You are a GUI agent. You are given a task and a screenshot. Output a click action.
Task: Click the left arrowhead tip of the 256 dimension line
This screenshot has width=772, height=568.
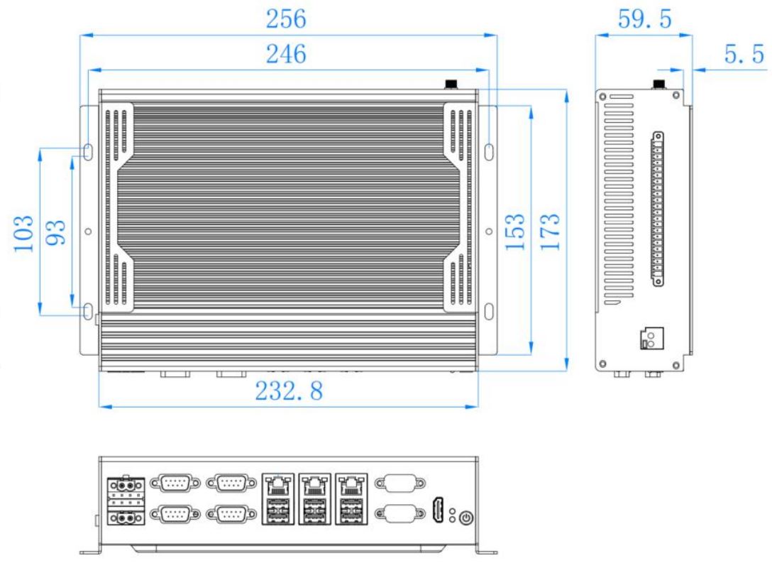pyautogui.click(x=80, y=35)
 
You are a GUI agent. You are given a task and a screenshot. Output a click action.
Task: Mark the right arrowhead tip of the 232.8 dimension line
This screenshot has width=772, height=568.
pyautogui.click(x=478, y=406)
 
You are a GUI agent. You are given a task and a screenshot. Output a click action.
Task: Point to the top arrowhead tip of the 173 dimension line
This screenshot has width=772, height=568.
pyautogui.click(x=566, y=89)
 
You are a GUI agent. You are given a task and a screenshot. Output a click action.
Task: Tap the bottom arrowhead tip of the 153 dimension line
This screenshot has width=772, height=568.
pyautogui.click(x=531, y=355)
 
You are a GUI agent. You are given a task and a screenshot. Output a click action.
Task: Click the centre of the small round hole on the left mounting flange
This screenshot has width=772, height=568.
pyautogui.click(x=88, y=231)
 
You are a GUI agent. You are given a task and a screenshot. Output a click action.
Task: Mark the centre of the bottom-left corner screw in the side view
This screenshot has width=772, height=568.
pyautogui.click(x=602, y=364)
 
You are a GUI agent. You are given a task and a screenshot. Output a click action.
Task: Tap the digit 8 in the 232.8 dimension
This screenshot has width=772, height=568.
pyautogui.click(x=315, y=390)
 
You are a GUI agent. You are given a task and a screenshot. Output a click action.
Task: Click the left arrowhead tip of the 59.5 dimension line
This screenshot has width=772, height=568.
pyautogui.click(x=596, y=35)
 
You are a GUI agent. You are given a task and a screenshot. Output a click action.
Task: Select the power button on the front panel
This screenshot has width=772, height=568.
pyautogui.click(x=466, y=518)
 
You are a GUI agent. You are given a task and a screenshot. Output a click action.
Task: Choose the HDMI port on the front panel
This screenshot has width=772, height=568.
pyautogui.click(x=438, y=510)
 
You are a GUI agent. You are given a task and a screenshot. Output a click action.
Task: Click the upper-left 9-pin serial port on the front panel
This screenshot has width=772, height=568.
pyautogui.click(x=175, y=484)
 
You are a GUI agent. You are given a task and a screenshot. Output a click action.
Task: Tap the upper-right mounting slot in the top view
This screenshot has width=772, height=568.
pyautogui.click(x=489, y=152)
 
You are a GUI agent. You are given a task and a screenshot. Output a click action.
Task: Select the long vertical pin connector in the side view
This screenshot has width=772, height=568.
pyautogui.click(x=658, y=209)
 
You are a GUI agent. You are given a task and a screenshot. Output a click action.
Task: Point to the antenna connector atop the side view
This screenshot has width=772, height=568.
pyautogui.click(x=658, y=84)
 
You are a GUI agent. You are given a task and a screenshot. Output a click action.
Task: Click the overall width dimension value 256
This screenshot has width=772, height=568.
pyautogui.click(x=286, y=18)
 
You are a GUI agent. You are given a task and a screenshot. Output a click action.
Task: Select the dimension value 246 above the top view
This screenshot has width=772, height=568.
pyautogui.click(x=286, y=54)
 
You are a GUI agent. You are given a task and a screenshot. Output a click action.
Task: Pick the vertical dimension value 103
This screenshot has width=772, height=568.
pyautogui.click(x=23, y=234)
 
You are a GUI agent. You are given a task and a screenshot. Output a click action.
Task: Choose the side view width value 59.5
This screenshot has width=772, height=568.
pyautogui.click(x=644, y=18)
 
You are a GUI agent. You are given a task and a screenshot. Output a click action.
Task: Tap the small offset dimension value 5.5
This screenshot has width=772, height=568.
pyautogui.click(x=744, y=54)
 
